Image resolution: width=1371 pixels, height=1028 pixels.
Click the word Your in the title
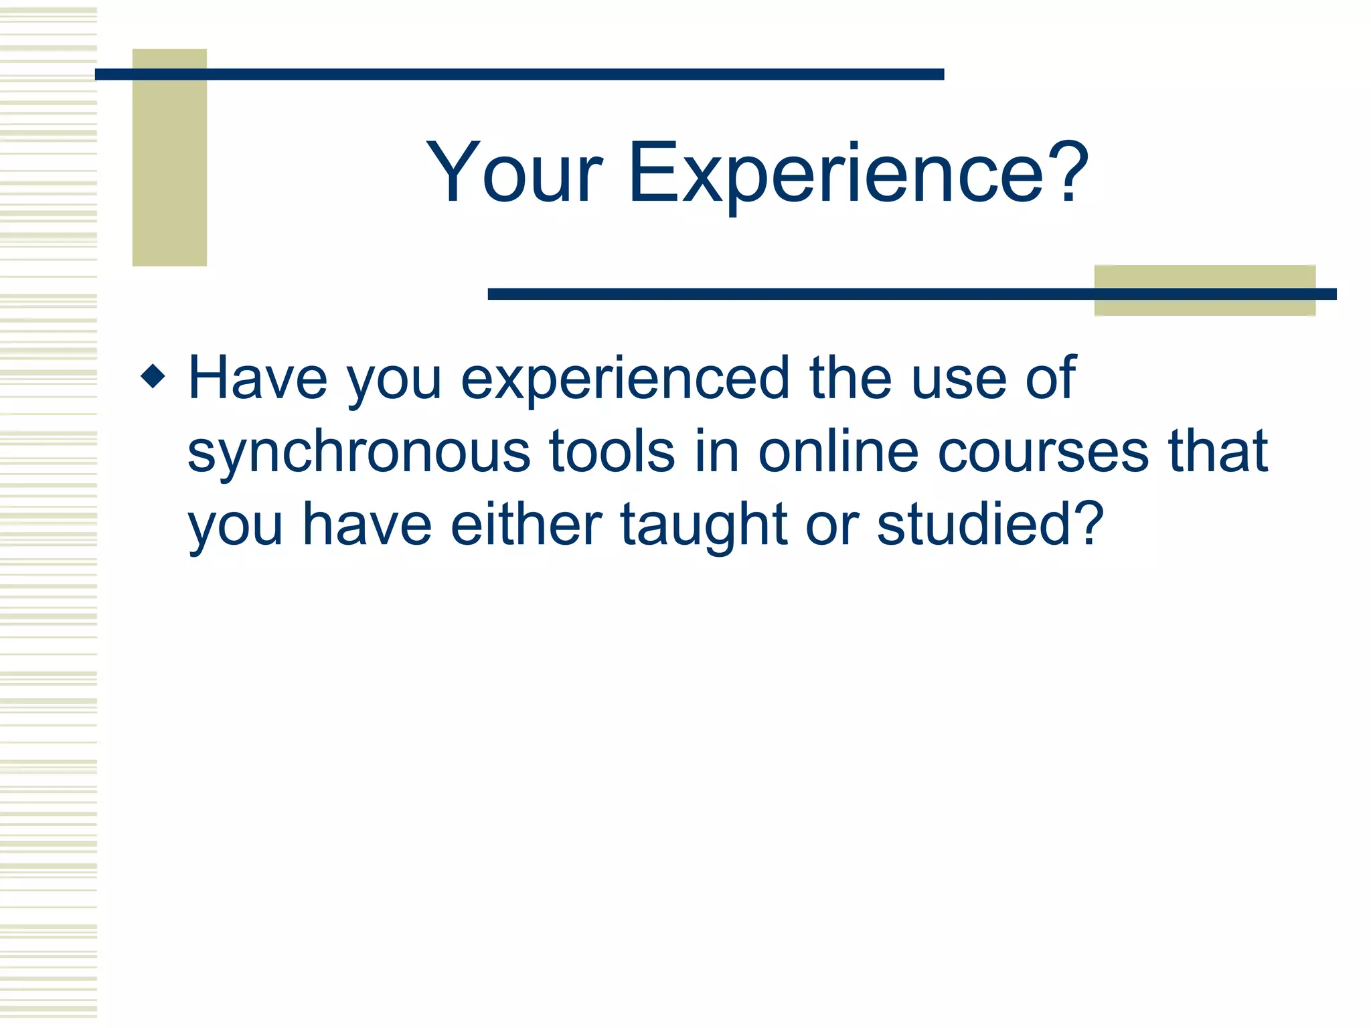pos(514,173)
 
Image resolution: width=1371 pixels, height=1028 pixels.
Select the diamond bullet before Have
pos(153,376)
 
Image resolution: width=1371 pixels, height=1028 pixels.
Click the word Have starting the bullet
pos(258,379)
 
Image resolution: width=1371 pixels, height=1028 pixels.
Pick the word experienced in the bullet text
pos(625,380)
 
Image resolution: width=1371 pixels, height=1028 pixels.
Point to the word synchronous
pos(359,453)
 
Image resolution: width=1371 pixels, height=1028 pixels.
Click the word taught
pos(703,526)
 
